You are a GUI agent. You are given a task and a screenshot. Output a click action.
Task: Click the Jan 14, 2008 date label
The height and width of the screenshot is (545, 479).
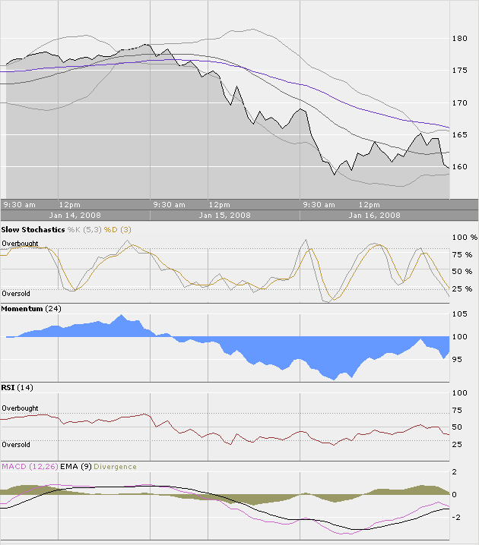click(75, 215)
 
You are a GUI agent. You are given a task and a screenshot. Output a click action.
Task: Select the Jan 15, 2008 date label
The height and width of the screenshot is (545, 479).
click(224, 215)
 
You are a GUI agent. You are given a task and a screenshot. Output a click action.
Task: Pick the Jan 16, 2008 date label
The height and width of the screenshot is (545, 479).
click(374, 215)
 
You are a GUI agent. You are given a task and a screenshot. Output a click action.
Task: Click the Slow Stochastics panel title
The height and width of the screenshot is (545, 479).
click(33, 229)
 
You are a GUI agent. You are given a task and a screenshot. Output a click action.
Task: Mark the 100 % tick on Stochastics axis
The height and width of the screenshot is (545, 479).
click(464, 238)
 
